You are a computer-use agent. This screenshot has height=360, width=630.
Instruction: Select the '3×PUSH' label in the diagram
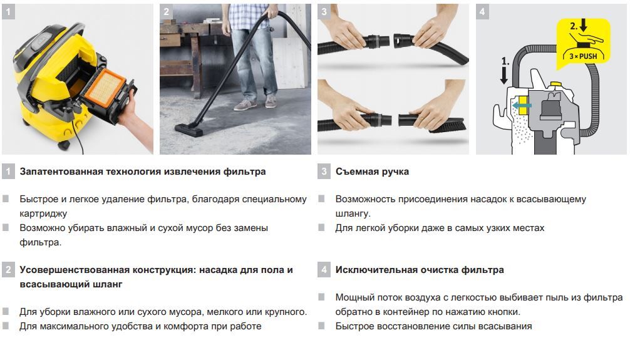click(583, 56)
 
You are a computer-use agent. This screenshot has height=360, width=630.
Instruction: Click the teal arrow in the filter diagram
click(522, 105)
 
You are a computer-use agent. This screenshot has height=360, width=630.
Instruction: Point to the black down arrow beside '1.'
click(503, 75)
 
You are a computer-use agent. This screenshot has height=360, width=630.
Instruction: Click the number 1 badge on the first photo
click(8, 12)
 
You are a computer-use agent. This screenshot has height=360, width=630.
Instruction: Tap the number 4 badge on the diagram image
click(482, 12)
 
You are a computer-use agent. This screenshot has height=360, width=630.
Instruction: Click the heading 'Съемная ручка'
click(372, 172)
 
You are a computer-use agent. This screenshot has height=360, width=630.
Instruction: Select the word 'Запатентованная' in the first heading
click(61, 172)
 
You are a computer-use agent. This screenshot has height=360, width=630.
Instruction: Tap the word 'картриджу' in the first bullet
click(43, 213)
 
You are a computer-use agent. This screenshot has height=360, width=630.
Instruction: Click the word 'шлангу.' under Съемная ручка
click(353, 213)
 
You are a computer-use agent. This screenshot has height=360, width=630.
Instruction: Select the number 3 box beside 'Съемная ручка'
click(324, 172)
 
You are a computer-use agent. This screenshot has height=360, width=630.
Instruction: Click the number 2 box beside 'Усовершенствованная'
click(8, 270)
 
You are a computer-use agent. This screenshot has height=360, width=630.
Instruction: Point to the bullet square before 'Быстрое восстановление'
click(321, 326)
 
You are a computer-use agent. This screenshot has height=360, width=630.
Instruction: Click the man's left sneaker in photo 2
click(271, 102)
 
